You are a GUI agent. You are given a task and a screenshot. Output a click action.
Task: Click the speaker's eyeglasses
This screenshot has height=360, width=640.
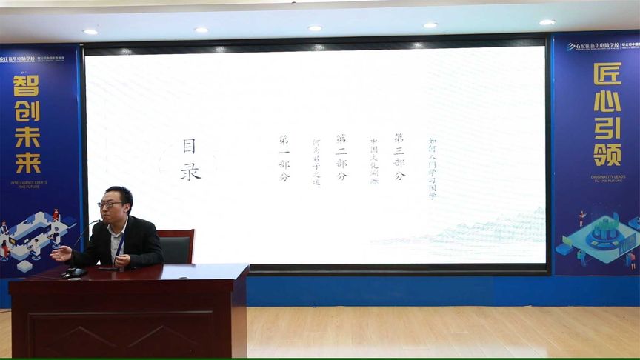pyautogui.click(x=110, y=204)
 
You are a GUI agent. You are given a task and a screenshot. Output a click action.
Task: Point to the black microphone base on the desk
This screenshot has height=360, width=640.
pyautogui.click(x=74, y=273)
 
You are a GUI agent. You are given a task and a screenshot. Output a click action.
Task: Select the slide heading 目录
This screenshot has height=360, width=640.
pyautogui.click(x=190, y=160)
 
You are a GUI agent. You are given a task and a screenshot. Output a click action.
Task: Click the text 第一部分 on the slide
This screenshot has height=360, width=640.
pyautogui.click(x=284, y=158)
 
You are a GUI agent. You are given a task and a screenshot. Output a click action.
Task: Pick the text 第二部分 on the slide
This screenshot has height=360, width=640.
pyautogui.click(x=341, y=157)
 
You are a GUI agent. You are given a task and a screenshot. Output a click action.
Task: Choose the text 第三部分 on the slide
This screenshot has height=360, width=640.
pyautogui.click(x=399, y=157)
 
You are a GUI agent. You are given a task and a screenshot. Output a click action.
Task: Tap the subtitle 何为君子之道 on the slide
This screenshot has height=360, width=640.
pyautogui.click(x=316, y=161)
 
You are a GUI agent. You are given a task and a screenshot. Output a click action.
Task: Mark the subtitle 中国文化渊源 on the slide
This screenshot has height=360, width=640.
pyautogui.click(x=374, y=160)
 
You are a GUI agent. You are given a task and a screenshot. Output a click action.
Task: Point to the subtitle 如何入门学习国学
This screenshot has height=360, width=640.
pyautogui.click(x=433, y=167)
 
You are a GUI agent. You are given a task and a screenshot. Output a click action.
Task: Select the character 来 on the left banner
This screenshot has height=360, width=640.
pyautogui.click(x=27, y=161)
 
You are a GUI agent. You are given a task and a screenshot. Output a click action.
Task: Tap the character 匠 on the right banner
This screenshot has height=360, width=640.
pyautogui.click(x=607, y=76)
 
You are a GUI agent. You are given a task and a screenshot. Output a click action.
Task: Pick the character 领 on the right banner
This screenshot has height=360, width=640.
pyautogui.click(x=607, y=153)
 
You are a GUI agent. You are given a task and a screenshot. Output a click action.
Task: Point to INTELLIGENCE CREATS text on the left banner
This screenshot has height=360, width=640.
pyautogui.click(x=27, y=182)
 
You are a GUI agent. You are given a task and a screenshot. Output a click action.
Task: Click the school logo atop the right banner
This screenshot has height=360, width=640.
pyautogui.click(x=592, y=45)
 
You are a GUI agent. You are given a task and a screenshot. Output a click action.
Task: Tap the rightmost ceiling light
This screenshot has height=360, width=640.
pyautogui.click(x=547, y=22)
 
